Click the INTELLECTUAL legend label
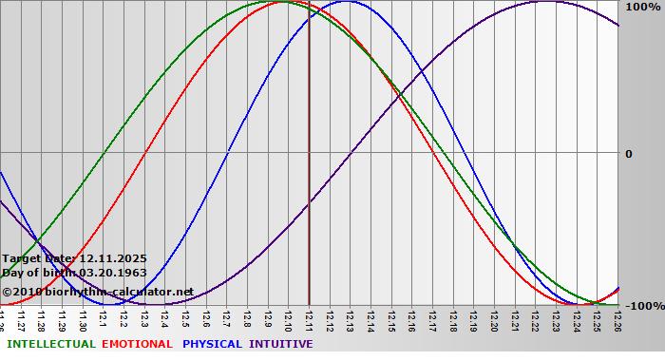49,344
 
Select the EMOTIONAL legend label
137,344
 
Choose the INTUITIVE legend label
280,344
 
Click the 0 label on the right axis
628,153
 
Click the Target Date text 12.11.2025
112,258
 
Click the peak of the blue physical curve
346,2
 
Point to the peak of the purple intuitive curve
543,2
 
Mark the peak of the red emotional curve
288,2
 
